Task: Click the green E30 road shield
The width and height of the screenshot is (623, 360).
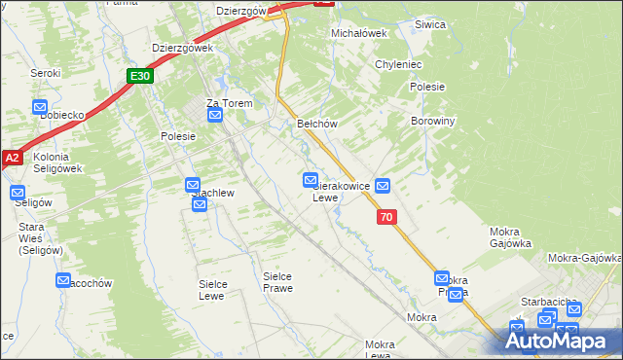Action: click(x=139, y=76)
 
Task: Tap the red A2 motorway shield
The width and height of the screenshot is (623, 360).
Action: click(x=11, y=158)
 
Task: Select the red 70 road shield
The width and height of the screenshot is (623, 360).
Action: click(x=387, y=219)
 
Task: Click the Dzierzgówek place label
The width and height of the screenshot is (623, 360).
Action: click(x=182, y=47)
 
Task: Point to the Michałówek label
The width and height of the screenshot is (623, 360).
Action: click(x=359, y=33)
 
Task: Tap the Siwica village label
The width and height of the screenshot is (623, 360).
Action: click(x=429, y=24)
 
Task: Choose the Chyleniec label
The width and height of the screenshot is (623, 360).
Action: click(x=398, y=64)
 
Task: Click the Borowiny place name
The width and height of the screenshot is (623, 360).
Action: click(x=435, y=122)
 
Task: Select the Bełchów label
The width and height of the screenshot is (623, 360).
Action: click(x=316, y=124)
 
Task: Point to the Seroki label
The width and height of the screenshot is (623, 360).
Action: click(x=45, y=73)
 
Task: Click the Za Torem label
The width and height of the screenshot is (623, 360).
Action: click(x=229, y=103)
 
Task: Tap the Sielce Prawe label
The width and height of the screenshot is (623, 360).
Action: click(x=277, y=282)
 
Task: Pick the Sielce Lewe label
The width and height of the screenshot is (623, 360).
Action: click(x=212, y=289)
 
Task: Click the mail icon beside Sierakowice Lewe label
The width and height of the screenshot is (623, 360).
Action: click(x=311, y=180)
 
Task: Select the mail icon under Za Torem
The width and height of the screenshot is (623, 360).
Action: click(x=216, y=116)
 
